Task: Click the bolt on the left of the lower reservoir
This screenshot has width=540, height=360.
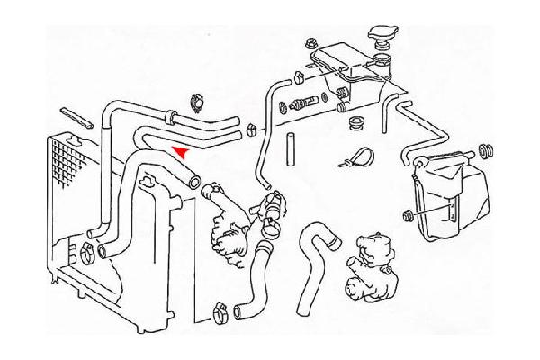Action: coord(409,215)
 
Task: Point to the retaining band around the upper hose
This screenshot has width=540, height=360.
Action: coord(169,116)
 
